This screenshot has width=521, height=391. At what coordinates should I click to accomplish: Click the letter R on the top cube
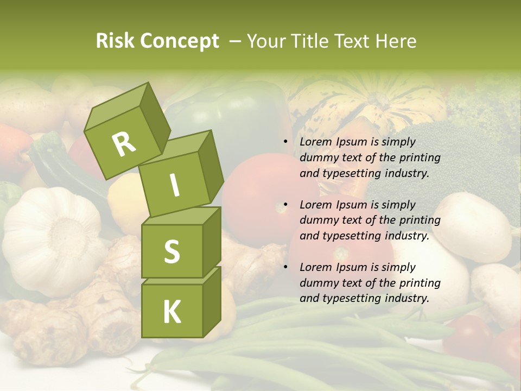tap(124, 144)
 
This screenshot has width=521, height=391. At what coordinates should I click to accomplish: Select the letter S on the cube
tap(171, 251)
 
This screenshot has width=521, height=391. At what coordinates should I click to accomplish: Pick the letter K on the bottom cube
tap(171, 312)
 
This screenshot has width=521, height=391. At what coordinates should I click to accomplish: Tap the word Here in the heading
tap(396, 41)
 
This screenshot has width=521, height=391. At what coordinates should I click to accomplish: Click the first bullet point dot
tap(285, 142)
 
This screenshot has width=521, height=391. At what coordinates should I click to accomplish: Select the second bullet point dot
tap(285, 205)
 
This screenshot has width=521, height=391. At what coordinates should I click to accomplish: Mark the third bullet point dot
tap(285, 268)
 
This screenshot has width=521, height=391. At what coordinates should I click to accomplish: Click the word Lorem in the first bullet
tap(315, 142)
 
